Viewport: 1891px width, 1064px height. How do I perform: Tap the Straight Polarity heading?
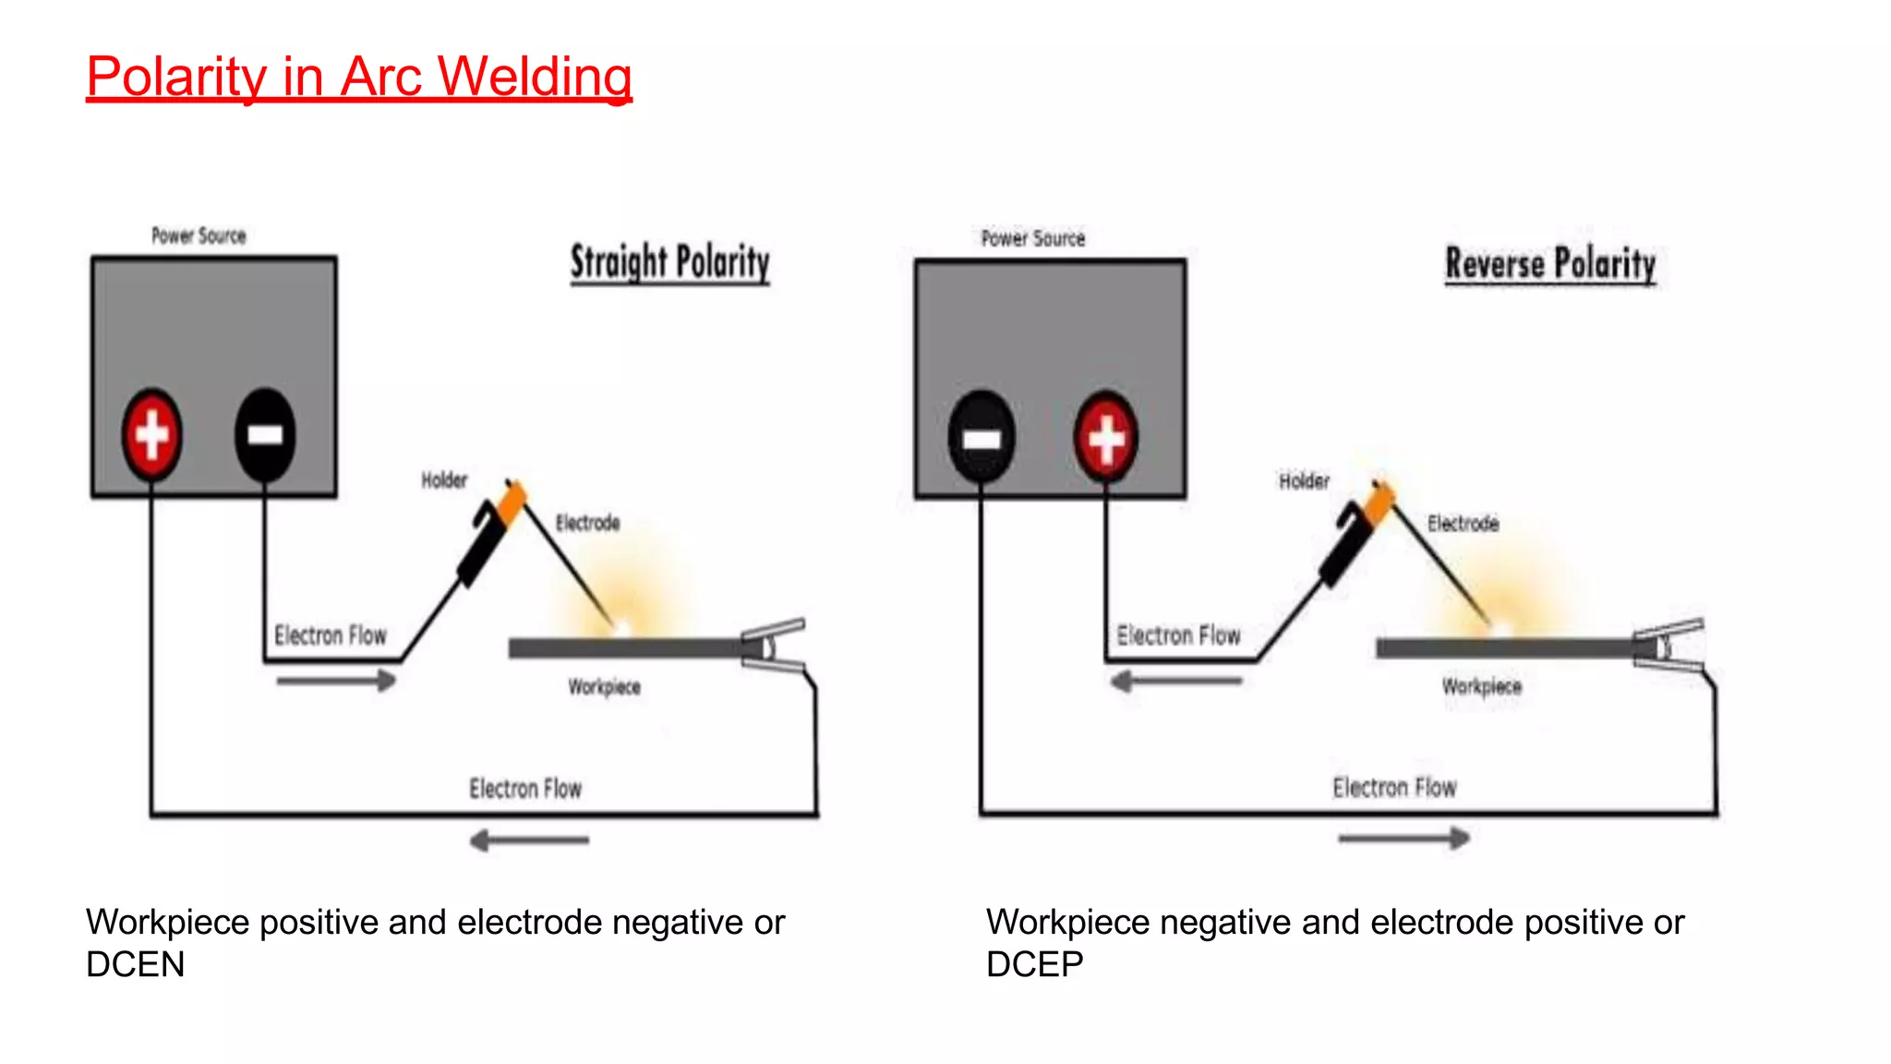pos(669,262)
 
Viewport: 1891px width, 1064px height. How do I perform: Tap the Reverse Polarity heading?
pos(1550,264)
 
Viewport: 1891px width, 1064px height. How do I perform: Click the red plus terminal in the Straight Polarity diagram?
pos(152,434)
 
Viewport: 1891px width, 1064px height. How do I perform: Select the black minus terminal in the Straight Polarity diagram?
pos(265,434)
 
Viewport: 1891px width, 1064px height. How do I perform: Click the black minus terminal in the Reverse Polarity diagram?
pos(982,437)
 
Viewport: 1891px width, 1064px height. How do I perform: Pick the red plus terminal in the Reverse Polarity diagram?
pos(1105,437)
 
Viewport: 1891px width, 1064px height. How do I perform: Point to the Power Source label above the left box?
pos(199,236)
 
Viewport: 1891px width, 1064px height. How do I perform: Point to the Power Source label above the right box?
pos(1032,238)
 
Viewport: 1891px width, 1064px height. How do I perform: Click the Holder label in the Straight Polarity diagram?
pos(444,480)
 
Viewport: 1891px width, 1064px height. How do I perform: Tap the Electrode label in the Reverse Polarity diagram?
pos(1463,524)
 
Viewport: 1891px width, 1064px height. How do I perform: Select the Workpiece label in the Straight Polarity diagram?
pos(604,686)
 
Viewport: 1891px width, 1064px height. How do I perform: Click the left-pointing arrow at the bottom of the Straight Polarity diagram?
pos(529,840)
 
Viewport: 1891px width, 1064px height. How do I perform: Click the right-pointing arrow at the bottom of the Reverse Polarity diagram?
pos(1403,839)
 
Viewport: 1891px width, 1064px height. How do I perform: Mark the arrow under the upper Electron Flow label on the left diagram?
pos(336,682)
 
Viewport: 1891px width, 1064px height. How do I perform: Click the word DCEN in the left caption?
pos(135,964)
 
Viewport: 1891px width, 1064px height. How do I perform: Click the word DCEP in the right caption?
pos(1034,964)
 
